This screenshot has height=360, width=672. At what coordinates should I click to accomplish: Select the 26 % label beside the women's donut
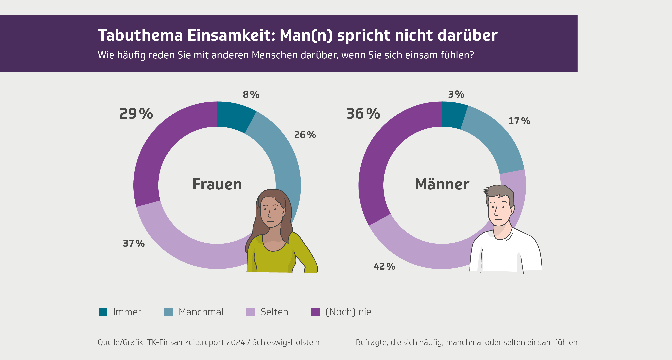[305, 135]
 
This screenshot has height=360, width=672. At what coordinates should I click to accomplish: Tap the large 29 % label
[136, 114]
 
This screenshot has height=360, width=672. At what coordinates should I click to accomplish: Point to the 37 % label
[134, 243]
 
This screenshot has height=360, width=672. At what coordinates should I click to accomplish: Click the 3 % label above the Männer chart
[456, 94]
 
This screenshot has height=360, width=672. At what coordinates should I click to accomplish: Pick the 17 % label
[519, 121]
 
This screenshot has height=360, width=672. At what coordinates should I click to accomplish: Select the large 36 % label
[363, 114]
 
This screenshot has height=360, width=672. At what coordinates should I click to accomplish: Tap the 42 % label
[384, 266]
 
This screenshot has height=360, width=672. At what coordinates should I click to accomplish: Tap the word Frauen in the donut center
[217, 184]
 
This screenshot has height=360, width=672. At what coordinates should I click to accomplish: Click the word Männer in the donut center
[442, 184]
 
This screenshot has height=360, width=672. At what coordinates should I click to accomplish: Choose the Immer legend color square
[103, 312]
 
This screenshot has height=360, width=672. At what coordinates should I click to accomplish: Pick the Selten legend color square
[250, 312]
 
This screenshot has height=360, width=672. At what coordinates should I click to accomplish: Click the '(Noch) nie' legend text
[348, 312]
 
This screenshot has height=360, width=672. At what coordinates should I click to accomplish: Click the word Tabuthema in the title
[140, 35]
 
